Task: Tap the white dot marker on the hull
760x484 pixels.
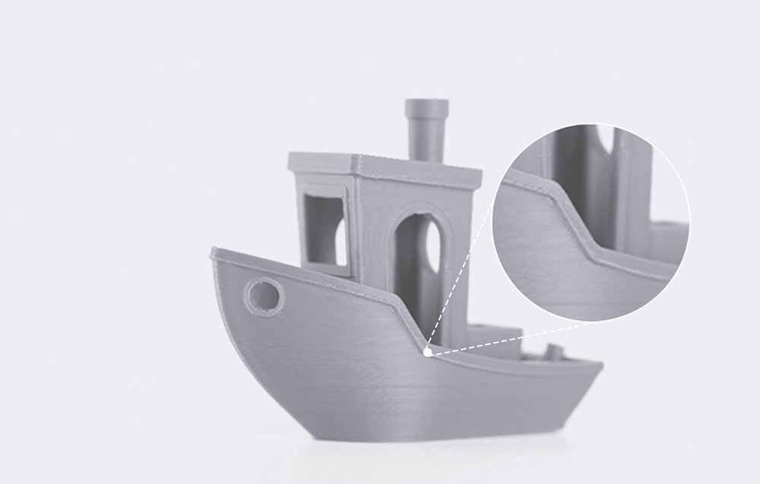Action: [x=428, y=352]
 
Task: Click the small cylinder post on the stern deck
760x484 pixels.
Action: [x=554, y=353]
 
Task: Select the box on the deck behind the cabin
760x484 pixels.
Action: [x=494, y=340]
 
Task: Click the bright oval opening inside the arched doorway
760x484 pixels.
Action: [x=431, y=245]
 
